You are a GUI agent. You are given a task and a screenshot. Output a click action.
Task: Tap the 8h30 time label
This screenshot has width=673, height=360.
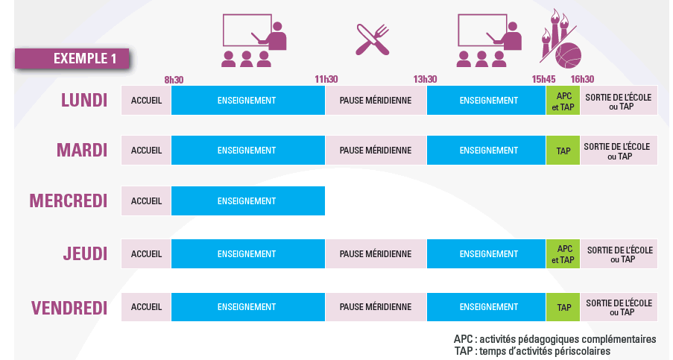(174, 79)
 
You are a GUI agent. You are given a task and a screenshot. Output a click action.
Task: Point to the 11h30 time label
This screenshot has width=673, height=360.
(326, 79)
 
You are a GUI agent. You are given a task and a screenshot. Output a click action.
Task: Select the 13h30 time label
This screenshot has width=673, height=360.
(425, 79)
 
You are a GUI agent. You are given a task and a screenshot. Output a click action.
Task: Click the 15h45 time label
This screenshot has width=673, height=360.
(543, 79)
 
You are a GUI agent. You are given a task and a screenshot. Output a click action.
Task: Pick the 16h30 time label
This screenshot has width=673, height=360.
(582, 79)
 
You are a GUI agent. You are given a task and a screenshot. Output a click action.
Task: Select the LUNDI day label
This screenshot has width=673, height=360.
(84, 100)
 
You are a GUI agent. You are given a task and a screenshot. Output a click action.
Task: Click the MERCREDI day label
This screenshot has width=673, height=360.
(69, 200)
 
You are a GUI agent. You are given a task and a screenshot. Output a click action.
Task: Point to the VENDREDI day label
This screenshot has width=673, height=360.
(69, 307)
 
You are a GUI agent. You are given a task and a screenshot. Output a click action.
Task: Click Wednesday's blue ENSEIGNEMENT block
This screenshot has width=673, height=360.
(247, 200)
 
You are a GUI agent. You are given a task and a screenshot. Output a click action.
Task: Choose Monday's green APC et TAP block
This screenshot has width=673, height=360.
(563, 100)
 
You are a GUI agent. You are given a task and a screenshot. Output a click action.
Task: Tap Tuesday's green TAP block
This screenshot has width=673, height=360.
(563, 151)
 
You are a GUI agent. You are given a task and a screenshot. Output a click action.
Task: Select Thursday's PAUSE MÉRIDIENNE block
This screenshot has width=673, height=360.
(375, 253)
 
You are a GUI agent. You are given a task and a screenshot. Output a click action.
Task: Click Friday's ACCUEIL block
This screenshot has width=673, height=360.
(146, 307)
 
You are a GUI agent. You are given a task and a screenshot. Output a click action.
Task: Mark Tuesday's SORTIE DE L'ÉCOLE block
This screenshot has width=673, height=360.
(619, 151)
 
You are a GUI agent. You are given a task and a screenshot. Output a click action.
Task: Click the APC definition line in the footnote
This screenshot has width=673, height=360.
(554, 339)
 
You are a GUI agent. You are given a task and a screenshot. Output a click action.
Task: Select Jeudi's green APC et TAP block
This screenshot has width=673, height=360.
(563, 253)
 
